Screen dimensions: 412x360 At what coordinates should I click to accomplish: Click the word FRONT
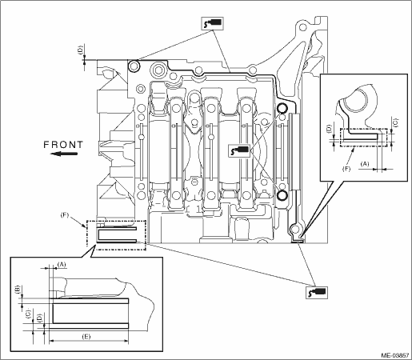coord(63,145)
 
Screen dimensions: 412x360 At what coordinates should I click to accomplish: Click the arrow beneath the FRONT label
coord(64,154)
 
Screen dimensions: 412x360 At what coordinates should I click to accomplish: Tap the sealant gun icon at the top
coord(213,23)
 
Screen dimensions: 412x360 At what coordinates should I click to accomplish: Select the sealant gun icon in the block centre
coord(239,150)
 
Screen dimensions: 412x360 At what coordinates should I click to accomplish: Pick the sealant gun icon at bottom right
coord(317,292)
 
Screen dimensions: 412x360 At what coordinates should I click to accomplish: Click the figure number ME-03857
coord(395,355)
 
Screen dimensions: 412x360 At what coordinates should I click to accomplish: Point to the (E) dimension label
coord(86,337)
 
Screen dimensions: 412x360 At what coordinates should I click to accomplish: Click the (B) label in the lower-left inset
coord(18,290)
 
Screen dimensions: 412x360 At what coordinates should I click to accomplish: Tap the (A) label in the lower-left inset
coord(62,264)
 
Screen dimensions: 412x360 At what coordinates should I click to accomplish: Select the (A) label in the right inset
coord(365,164)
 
